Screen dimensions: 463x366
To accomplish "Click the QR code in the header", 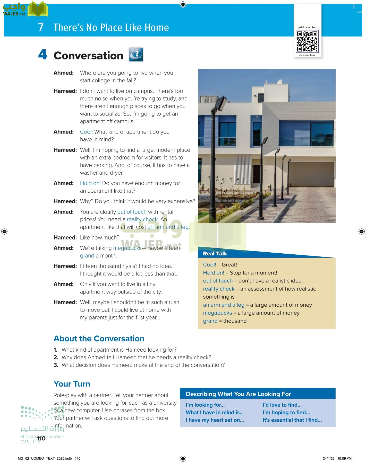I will coord(307,41).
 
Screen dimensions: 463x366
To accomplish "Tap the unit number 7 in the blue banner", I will coord(41,27).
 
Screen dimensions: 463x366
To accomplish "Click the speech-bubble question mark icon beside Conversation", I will coord(136,55).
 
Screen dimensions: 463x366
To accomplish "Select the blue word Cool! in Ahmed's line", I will coord(86,132).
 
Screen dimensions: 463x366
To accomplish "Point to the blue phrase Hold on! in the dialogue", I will coord(90,183).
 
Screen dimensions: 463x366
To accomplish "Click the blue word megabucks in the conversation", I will coord(127,248).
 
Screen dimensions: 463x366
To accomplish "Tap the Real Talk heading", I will coord(215,254).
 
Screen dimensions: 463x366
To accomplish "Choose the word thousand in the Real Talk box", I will coord(235,321).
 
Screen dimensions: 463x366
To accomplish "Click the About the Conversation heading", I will coord(99,339).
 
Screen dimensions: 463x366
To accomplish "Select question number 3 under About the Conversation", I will coord(143,365).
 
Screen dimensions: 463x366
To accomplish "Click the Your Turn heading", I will coord(72,384).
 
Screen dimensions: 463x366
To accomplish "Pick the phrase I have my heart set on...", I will coord(215,420).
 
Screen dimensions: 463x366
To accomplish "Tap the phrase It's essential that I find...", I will coord(292,420).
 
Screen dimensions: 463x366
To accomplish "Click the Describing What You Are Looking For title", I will coord(238,394).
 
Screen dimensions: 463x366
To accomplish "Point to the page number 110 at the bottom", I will coord(41,439).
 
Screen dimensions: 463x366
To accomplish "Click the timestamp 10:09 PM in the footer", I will coord(344,458).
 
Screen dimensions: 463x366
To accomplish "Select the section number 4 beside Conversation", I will coord(43,55).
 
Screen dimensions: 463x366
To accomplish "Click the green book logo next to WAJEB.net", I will coord(38,9).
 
